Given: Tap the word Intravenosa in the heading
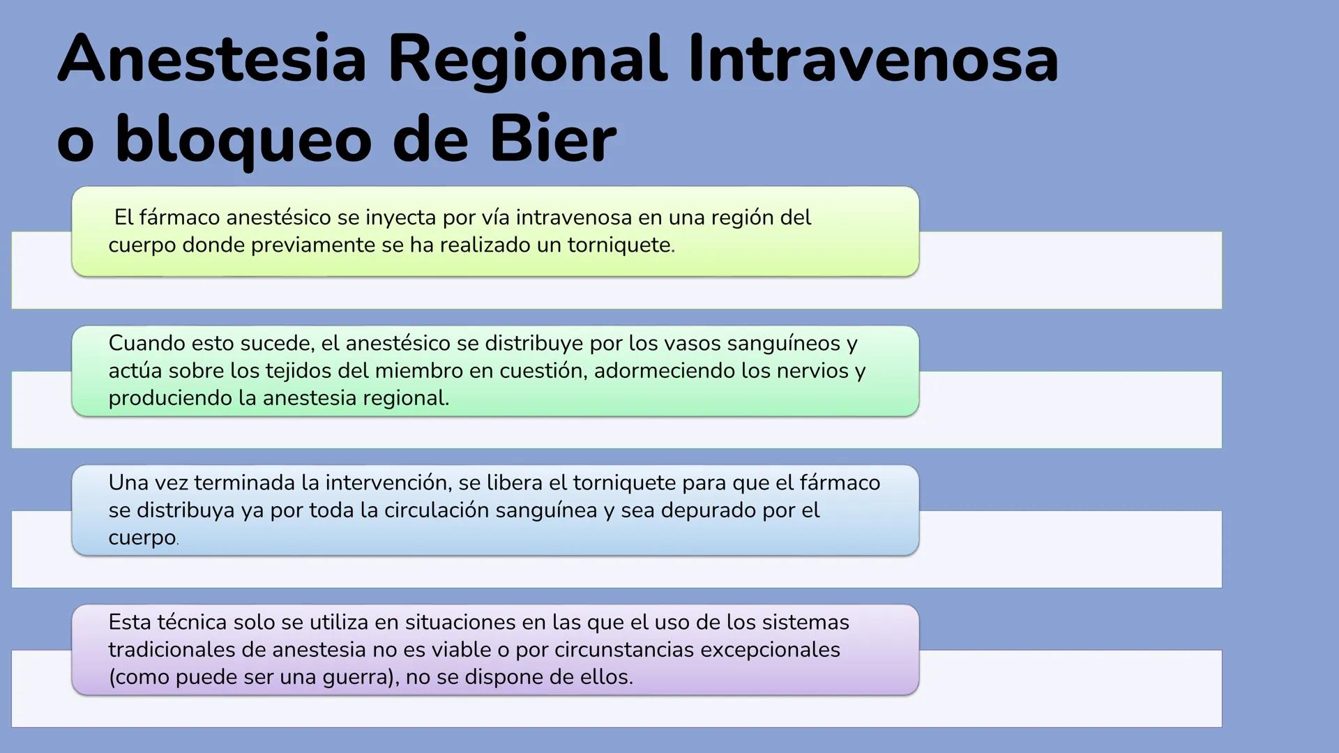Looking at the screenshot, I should point(873,59).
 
